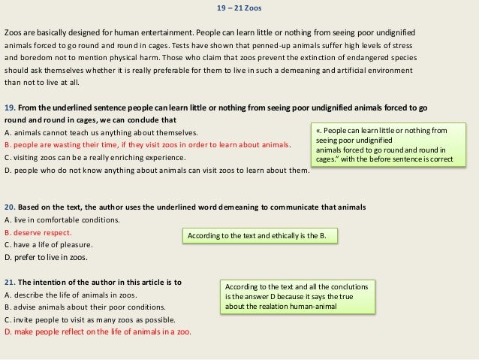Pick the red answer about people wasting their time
tap(146, 144)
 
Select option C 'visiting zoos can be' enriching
tap(95, 157)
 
